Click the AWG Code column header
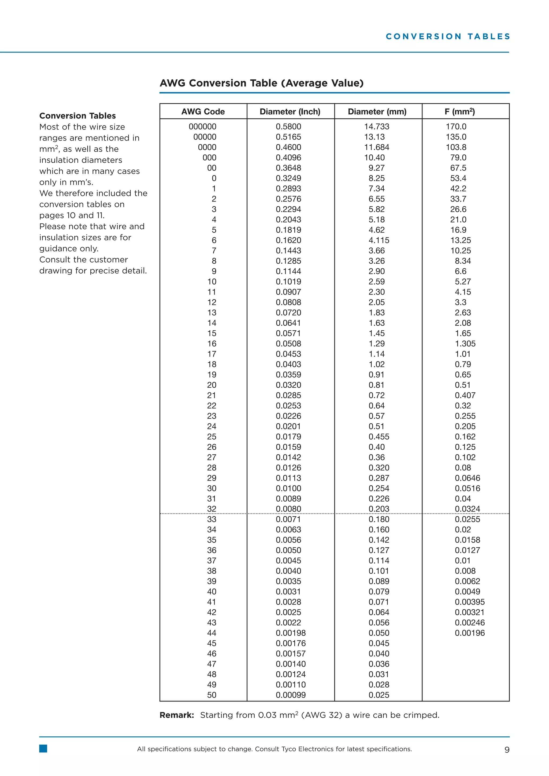203,111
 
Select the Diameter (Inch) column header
290,111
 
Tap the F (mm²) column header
459,111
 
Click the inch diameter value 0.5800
288,126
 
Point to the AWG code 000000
202,126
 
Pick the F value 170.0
456,126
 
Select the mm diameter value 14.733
376,126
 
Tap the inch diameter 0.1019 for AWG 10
288,282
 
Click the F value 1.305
465,344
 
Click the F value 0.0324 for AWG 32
467,509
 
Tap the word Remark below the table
176,715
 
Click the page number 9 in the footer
506,750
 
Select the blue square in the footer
43,749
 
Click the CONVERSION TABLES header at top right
448,36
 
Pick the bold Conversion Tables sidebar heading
77,116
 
